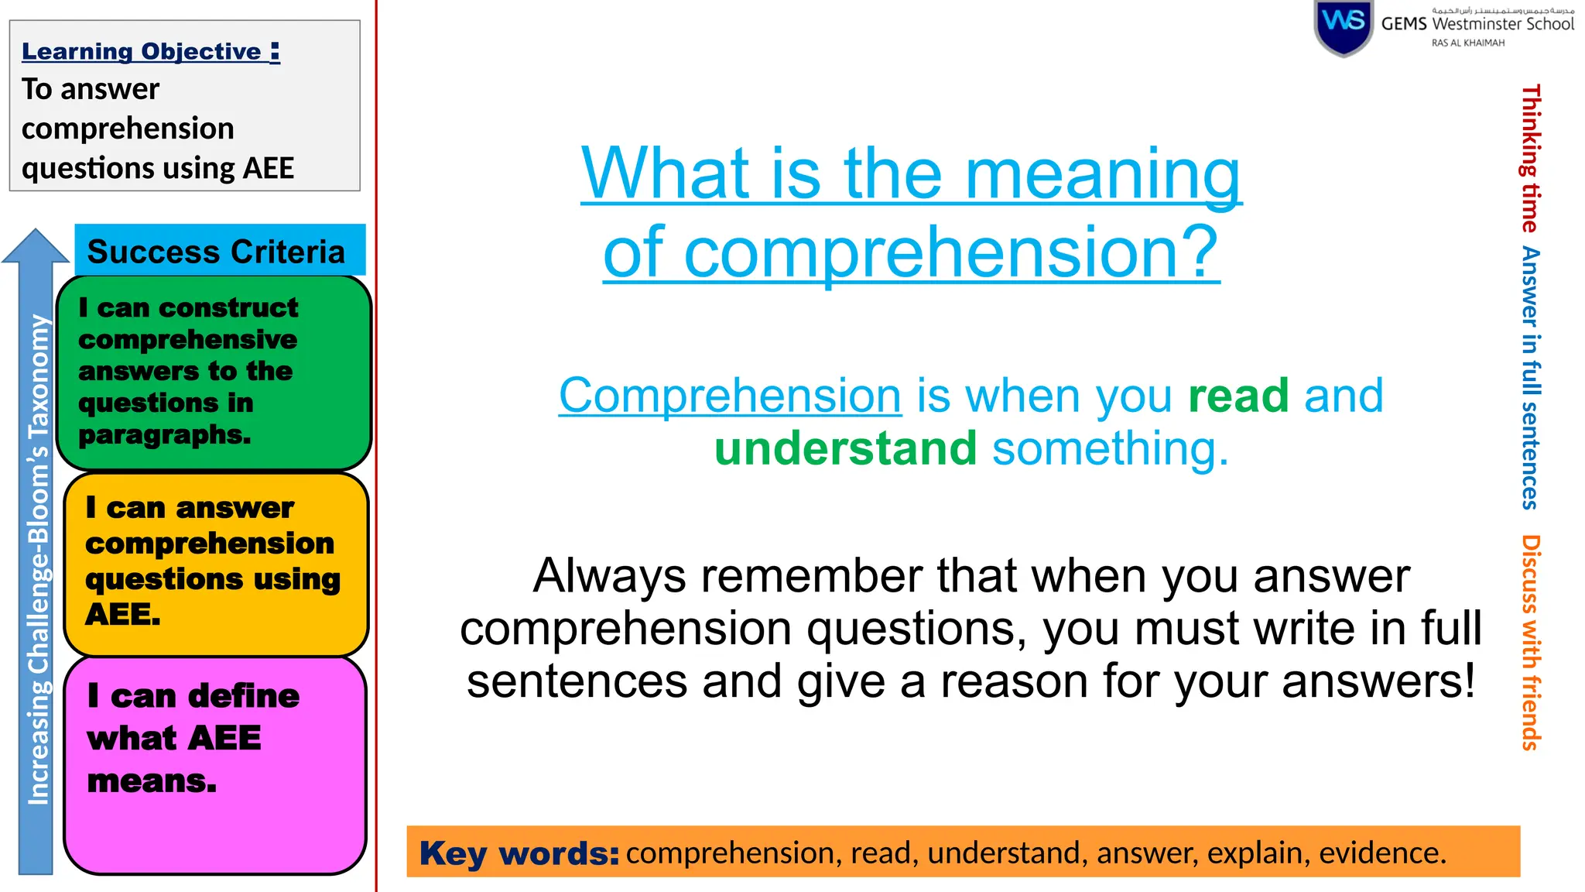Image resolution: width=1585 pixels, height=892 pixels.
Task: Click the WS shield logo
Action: (x=1344, y=26)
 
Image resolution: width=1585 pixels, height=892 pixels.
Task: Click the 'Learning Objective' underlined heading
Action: (x=150, y=52)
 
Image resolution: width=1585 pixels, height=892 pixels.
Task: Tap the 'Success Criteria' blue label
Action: (x=216, y=252)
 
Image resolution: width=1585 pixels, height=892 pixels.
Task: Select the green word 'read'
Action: (x=1238, y=396)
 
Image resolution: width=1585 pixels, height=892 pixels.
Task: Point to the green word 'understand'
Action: (x=845, y=449)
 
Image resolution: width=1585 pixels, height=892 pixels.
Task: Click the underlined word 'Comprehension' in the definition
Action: (x=730, y=396)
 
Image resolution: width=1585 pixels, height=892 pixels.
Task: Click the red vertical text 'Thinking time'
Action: (x=1531, y=159)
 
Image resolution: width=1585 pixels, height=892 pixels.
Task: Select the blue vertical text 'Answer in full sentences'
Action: (x=1531, y=377)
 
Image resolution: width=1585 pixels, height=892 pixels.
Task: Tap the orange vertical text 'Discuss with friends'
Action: (x=1531, y=642)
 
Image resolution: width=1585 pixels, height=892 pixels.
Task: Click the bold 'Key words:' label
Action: (x=519, y=853)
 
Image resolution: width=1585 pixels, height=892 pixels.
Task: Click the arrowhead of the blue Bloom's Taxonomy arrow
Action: (x=36, y=245)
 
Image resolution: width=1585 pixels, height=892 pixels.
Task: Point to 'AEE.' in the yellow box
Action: (x=122, y=615)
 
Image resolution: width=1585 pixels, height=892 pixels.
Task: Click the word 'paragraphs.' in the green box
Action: (x=164, y=435)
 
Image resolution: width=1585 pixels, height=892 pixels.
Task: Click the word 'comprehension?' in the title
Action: (x=951, y=252)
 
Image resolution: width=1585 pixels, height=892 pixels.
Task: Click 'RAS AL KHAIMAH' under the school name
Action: (x=1467, y=43)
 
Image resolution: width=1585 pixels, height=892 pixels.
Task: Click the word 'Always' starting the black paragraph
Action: (x=609, y=577)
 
